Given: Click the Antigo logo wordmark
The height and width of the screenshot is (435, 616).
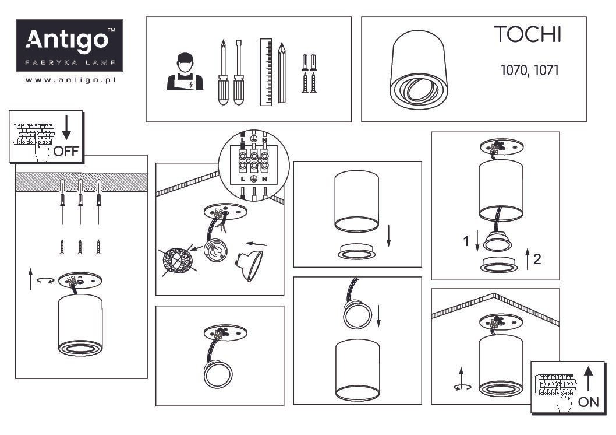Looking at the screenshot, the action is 67,40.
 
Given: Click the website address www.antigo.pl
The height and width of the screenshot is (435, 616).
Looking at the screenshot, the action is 70,80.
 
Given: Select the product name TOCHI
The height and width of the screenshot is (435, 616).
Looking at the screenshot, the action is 528,34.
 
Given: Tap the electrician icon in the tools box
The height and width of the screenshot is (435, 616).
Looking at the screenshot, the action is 185,72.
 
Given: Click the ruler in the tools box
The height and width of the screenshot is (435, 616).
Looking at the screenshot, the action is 266,72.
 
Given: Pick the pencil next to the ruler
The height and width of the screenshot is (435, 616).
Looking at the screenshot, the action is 282,73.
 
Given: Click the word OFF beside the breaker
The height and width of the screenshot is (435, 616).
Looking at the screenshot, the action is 66,151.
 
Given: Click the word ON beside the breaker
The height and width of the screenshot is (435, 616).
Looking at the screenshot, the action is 589,402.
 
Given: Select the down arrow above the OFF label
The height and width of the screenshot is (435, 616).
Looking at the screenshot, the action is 66,128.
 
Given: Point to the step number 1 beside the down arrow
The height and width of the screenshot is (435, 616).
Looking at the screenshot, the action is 466,241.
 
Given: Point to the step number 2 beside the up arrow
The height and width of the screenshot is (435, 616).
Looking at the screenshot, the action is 537,259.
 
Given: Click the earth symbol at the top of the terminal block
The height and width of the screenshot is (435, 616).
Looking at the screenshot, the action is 254,138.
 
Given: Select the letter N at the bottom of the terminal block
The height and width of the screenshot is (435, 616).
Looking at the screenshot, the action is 265,179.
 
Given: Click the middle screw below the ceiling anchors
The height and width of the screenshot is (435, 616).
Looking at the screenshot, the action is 80,247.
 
